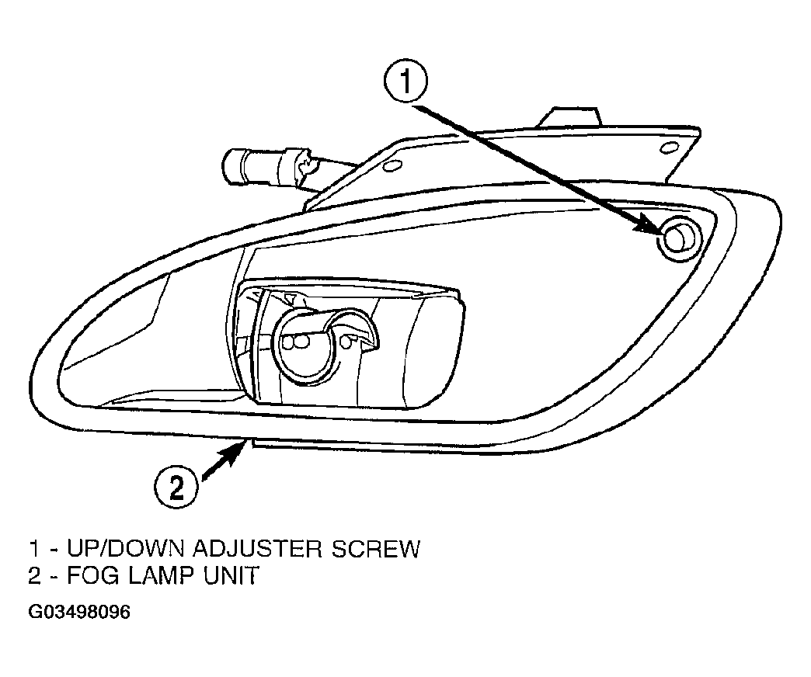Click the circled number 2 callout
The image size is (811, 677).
click(x=176, y=487)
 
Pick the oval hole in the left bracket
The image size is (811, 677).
click(x=392, y=166)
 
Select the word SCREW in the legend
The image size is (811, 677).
click(x=375, y=548)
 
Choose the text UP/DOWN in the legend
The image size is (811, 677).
click(x=126, y=548)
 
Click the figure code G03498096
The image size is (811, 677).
click(x=79, y=612)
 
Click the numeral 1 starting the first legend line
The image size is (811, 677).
click(x=33, y=548)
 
